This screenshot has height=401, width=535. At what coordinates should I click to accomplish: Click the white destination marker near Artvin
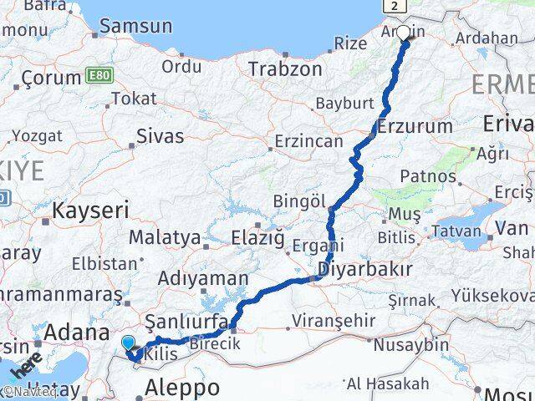(x=404, y=33)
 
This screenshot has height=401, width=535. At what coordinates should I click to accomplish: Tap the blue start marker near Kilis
(x=128, y=343)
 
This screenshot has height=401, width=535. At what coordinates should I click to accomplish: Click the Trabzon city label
(x=285, y=69)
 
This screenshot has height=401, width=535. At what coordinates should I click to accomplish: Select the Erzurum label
(x=403, y=127)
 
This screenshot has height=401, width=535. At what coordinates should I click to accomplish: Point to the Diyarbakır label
(x=365, y=269)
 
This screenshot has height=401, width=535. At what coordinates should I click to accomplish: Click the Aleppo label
(x=182, y=387)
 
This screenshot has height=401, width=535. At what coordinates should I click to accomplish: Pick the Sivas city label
(x=160, y=136)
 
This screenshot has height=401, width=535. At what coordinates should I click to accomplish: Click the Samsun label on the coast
(x=135, y=26)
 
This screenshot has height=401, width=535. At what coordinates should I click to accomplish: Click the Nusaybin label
(x=410, y=343)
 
